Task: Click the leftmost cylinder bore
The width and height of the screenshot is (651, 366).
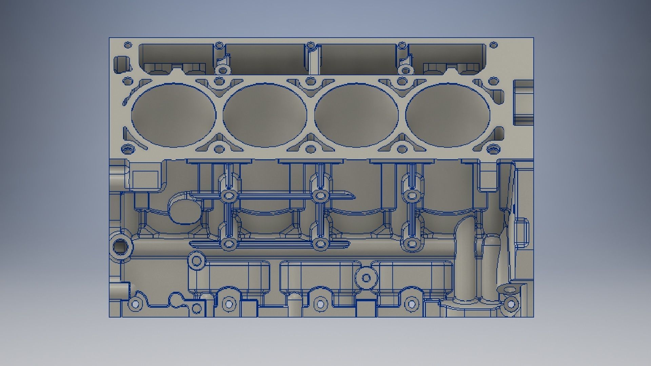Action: point(173,115)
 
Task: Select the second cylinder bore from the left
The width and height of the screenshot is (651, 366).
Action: point(265,115)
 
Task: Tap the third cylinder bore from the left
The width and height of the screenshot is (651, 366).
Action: point(356,115)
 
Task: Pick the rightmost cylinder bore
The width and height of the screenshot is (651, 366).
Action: point(448,115)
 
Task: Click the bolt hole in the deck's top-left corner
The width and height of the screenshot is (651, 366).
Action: point(128,45)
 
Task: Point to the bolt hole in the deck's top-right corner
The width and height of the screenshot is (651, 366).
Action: point(494,45)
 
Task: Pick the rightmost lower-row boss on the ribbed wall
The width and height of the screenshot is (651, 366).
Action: point(412,244)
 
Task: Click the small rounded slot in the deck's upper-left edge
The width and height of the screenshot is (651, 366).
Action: point(120,64)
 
